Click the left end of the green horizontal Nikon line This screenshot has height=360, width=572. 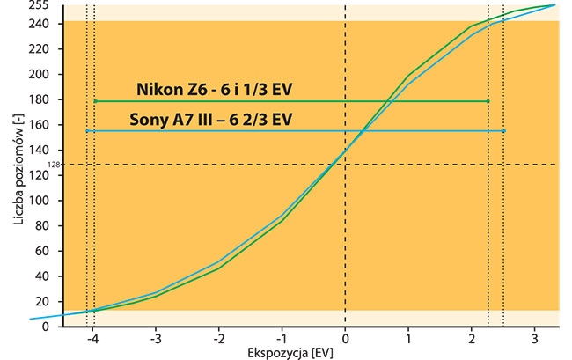pyautogui.click(x=95, y=101)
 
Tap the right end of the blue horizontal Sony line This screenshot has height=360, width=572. pyautogui.click(x=503, y=131)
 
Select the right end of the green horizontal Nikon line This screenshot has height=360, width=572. pyautogui.click(x=488, y=101)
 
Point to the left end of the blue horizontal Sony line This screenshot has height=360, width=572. pyautogui.click(x=86, y=131)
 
